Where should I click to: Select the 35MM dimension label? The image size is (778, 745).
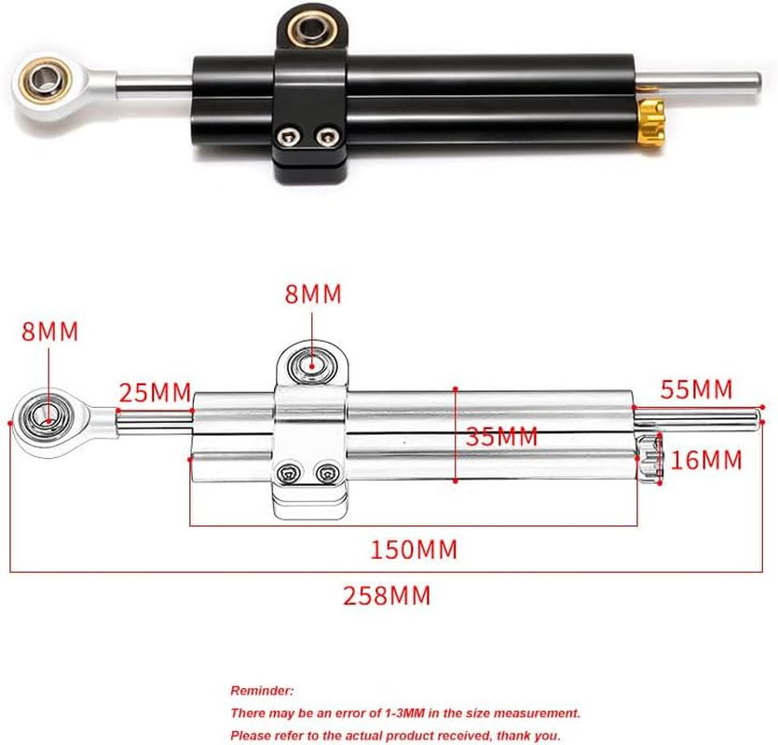click(x=502, y=437)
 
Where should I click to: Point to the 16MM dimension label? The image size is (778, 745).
click(x=706, y=460)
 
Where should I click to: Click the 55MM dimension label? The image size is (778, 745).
click(x=697, y=389)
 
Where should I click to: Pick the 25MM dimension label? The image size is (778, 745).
click(x=155, y=391)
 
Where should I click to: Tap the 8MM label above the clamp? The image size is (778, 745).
click(x=313, y=294)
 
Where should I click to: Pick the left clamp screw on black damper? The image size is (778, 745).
click(x=290, y=138)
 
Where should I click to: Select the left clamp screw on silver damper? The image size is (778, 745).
click(x=291, y=475)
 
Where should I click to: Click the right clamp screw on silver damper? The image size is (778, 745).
click(x=325, y=475)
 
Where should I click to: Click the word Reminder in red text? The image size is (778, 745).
click(x=262, y=691)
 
